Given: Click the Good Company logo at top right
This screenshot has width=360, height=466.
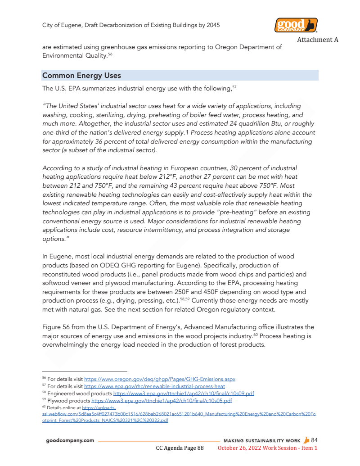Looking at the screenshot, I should (x=296, y=25).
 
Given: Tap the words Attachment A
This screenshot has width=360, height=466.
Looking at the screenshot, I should (x=317, y=40).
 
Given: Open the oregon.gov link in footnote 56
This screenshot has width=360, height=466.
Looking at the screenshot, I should (x=160, y=379).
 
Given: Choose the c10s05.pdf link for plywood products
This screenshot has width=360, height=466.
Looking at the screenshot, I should (x=162, y=400).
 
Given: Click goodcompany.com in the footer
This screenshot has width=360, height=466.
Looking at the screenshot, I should (x=70, y=440).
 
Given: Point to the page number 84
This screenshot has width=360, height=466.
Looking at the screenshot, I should (x=314, y=440).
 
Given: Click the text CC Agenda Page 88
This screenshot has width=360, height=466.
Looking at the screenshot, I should (x=180, y=448).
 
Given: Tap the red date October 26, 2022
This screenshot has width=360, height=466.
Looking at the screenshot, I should (x=243, y=448).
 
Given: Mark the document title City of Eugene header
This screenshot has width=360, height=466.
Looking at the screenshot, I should (x=131, y=25).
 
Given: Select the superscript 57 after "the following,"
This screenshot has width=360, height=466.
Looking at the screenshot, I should (x=234, y=87).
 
